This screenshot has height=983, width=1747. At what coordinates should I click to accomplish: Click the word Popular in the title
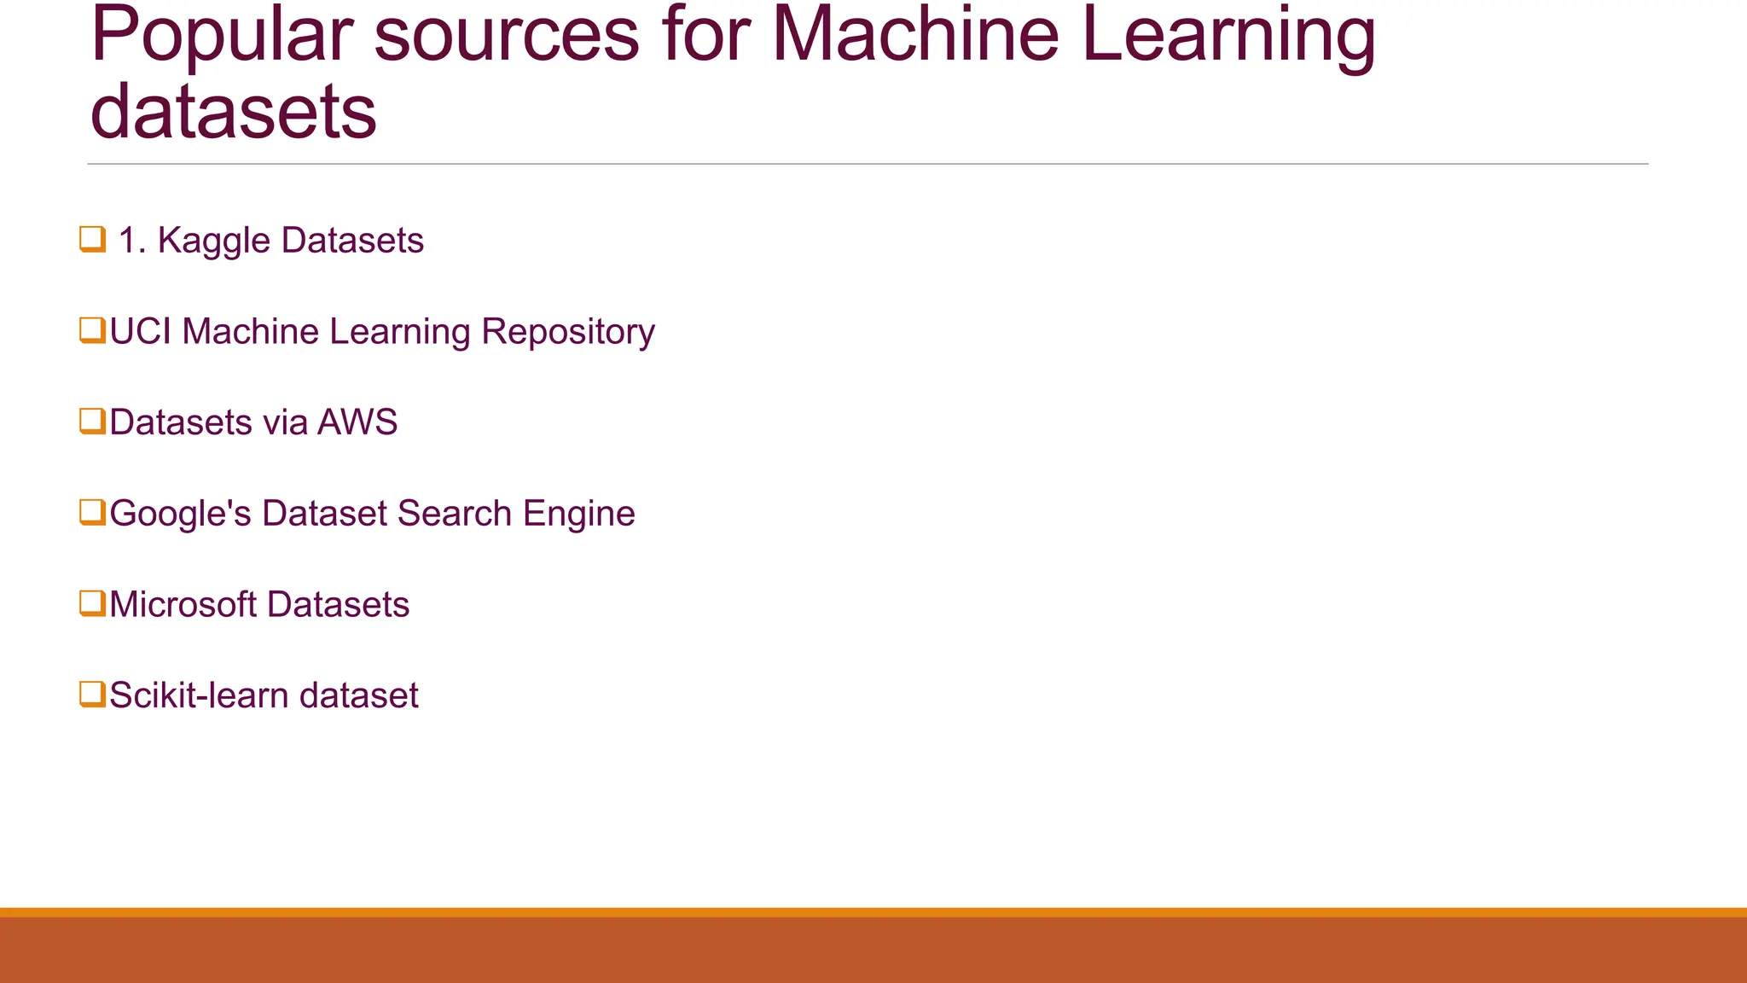click(220, 36)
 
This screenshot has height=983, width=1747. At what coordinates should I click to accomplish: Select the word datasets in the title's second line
click(233, 113)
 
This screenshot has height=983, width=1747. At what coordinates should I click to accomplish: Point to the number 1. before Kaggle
click(132, 241)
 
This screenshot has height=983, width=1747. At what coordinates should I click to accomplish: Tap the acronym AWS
click(357, 422)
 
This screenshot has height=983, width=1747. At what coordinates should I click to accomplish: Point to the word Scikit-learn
click(199, 695)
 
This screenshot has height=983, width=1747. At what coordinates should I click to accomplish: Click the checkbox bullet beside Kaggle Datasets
click(92, 240)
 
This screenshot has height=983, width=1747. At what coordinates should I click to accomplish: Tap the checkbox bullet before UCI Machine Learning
click(92, 330)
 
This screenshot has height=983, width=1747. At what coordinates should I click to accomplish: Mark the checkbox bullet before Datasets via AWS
click(92, 422)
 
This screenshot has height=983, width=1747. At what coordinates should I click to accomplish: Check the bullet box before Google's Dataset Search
click(92, 513)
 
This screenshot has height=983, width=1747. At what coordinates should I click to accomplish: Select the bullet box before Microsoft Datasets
click(92, 603)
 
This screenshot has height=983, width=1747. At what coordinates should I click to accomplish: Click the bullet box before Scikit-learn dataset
click(92, 694)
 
